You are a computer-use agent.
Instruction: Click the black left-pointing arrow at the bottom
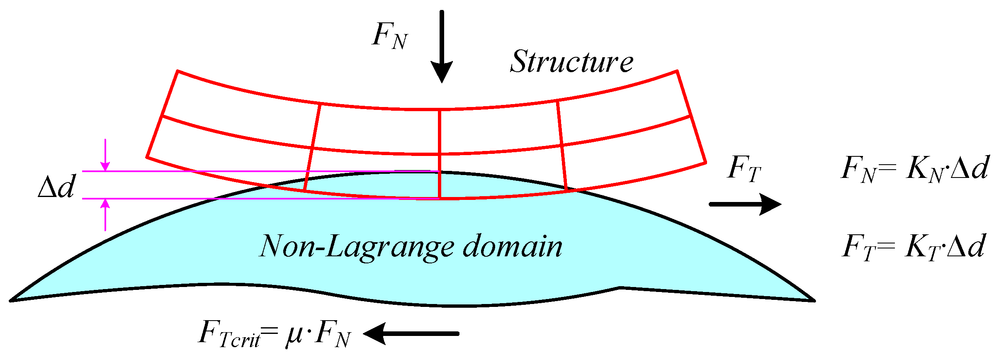click(x=411, y=333)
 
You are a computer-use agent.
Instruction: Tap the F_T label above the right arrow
click(x=744, y=169)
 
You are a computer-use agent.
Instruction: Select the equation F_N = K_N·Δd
click(x=914, y=169)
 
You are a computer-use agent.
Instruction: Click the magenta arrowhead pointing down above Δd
click(x=105, y=165)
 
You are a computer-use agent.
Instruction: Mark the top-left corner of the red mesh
click(x=177, y=71)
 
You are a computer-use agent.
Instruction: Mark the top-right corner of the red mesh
click(x=677, y=71)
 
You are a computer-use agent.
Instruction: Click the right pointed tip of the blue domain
click(x=814, y=300)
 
